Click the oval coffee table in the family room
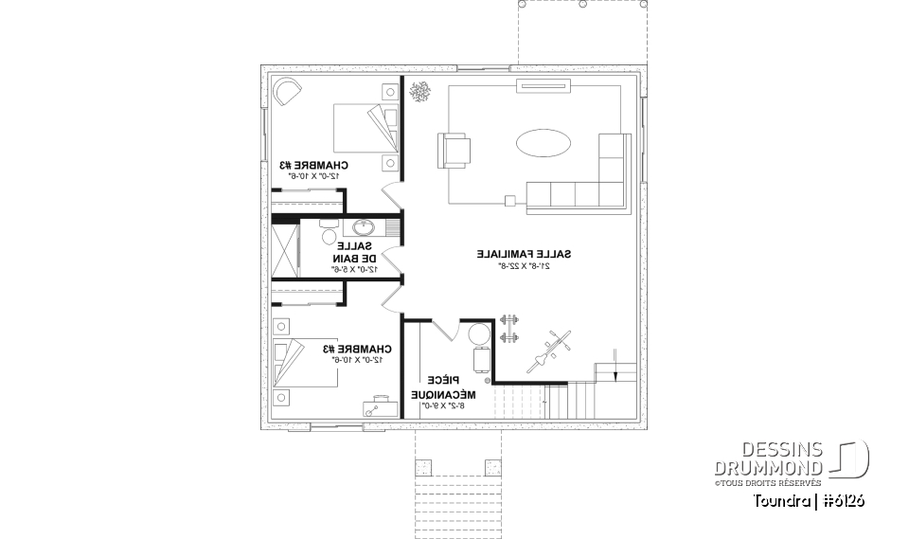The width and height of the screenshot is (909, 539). (x=544, y=145)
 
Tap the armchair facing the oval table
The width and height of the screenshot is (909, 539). (x=454, y=151)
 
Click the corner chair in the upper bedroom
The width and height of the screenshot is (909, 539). (x=287, y=93)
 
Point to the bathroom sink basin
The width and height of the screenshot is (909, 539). (x=363, y=227)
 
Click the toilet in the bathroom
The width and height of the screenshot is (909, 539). (x=329, y=235)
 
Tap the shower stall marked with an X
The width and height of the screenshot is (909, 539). (x=284, y=252)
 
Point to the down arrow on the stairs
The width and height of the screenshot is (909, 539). (x=615, y=365)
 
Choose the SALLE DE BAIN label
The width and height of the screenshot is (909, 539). (x=355, y=251)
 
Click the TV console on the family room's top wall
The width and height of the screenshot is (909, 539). (x=539, y=88)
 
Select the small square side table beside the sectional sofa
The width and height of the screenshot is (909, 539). (x=509, y=200)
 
